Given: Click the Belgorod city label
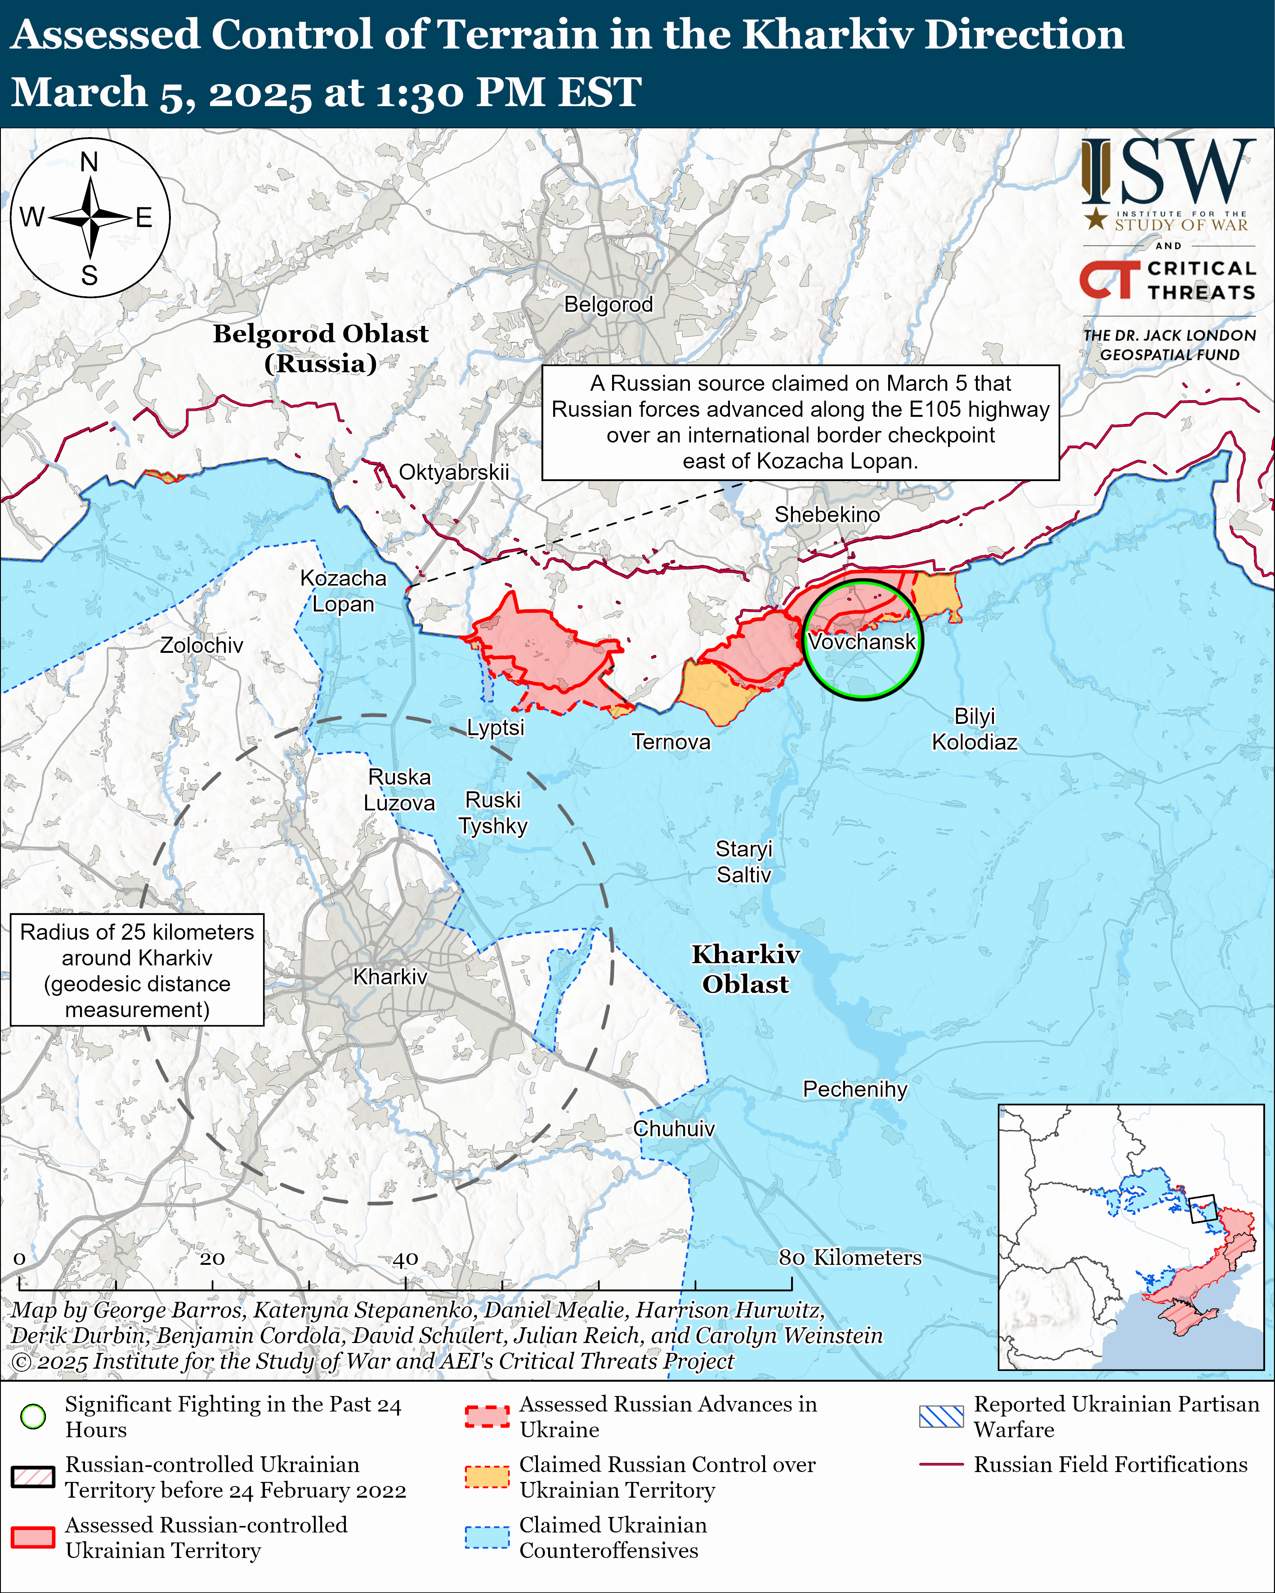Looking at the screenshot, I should point(608,304).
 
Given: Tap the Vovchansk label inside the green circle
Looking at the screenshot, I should point(862,641).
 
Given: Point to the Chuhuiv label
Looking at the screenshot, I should point(673,1129).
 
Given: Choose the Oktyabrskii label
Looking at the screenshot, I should point(454,472).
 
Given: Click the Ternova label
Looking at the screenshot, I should point(671,742).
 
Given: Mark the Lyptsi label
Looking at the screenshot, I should point(495,728).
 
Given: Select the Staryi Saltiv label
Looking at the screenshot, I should point(743,861).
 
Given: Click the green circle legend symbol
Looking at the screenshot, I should point(33,1416).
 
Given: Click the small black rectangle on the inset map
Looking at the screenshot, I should point(1203,1209).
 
